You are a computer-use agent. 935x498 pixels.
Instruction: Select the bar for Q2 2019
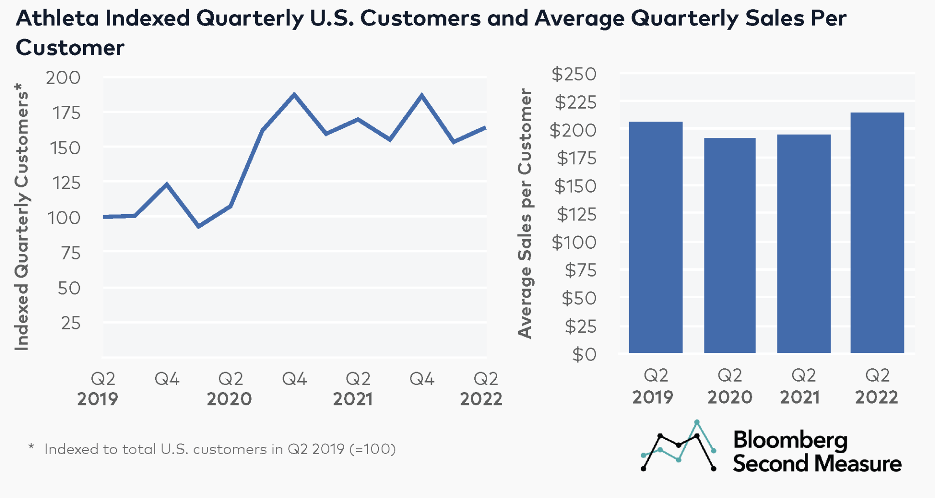point(656,237)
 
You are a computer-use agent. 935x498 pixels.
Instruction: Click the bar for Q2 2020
point(730,246)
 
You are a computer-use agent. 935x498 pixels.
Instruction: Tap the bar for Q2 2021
point(804,244)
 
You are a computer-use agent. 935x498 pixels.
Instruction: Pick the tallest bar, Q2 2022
point(877,233)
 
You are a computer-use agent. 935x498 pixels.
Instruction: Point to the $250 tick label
point(574,74)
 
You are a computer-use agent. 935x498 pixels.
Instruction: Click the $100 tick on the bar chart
point(574,242)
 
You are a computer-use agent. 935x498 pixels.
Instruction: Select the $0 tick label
point(584,355)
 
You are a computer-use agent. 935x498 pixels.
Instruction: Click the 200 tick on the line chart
point(63,78)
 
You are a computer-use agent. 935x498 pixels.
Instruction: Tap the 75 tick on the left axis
point(70,253)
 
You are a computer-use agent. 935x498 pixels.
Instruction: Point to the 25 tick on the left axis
point(70,323)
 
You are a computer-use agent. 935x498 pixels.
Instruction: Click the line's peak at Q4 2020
point(294,95)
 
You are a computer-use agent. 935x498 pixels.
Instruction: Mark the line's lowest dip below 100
point(199,226)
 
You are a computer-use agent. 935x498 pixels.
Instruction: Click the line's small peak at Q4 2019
point(167,184)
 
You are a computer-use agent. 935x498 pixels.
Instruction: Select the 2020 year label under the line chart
point(229,399)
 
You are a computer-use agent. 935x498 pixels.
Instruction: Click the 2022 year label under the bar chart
point(876,397)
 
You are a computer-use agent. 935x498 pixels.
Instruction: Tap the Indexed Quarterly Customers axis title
point(21,217)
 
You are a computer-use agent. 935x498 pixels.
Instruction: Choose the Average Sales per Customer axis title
point(525,214)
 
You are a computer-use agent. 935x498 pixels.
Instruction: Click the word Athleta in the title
point(57,19)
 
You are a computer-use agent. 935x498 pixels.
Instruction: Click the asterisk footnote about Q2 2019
point(213,449)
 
